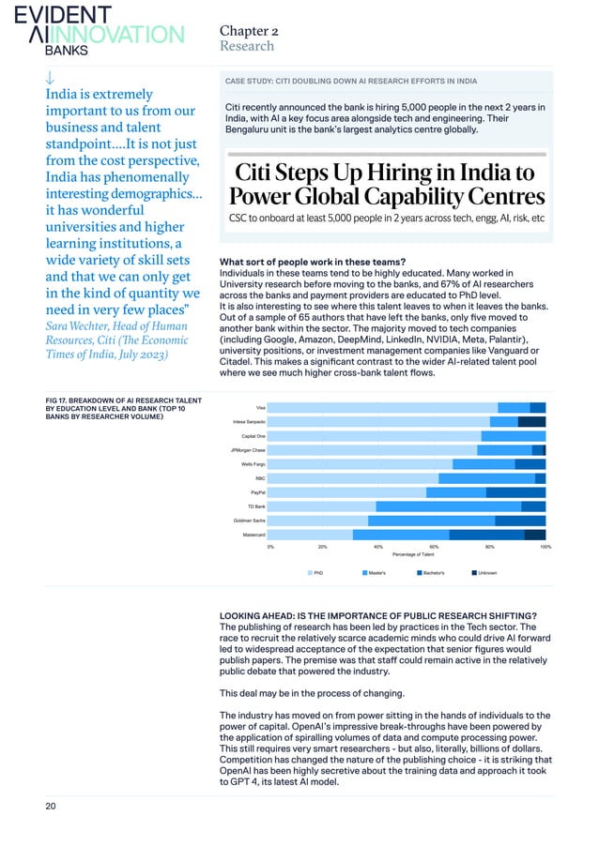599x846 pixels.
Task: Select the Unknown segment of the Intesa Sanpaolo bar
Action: click(x=531, y=421)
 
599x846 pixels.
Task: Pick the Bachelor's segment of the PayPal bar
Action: click(x=515, y=492)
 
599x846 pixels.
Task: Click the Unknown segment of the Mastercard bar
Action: click(x=535, y=535)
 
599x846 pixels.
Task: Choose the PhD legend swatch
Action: click(x=310, y=572)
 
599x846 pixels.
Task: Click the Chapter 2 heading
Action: click(x=248, y=29)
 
